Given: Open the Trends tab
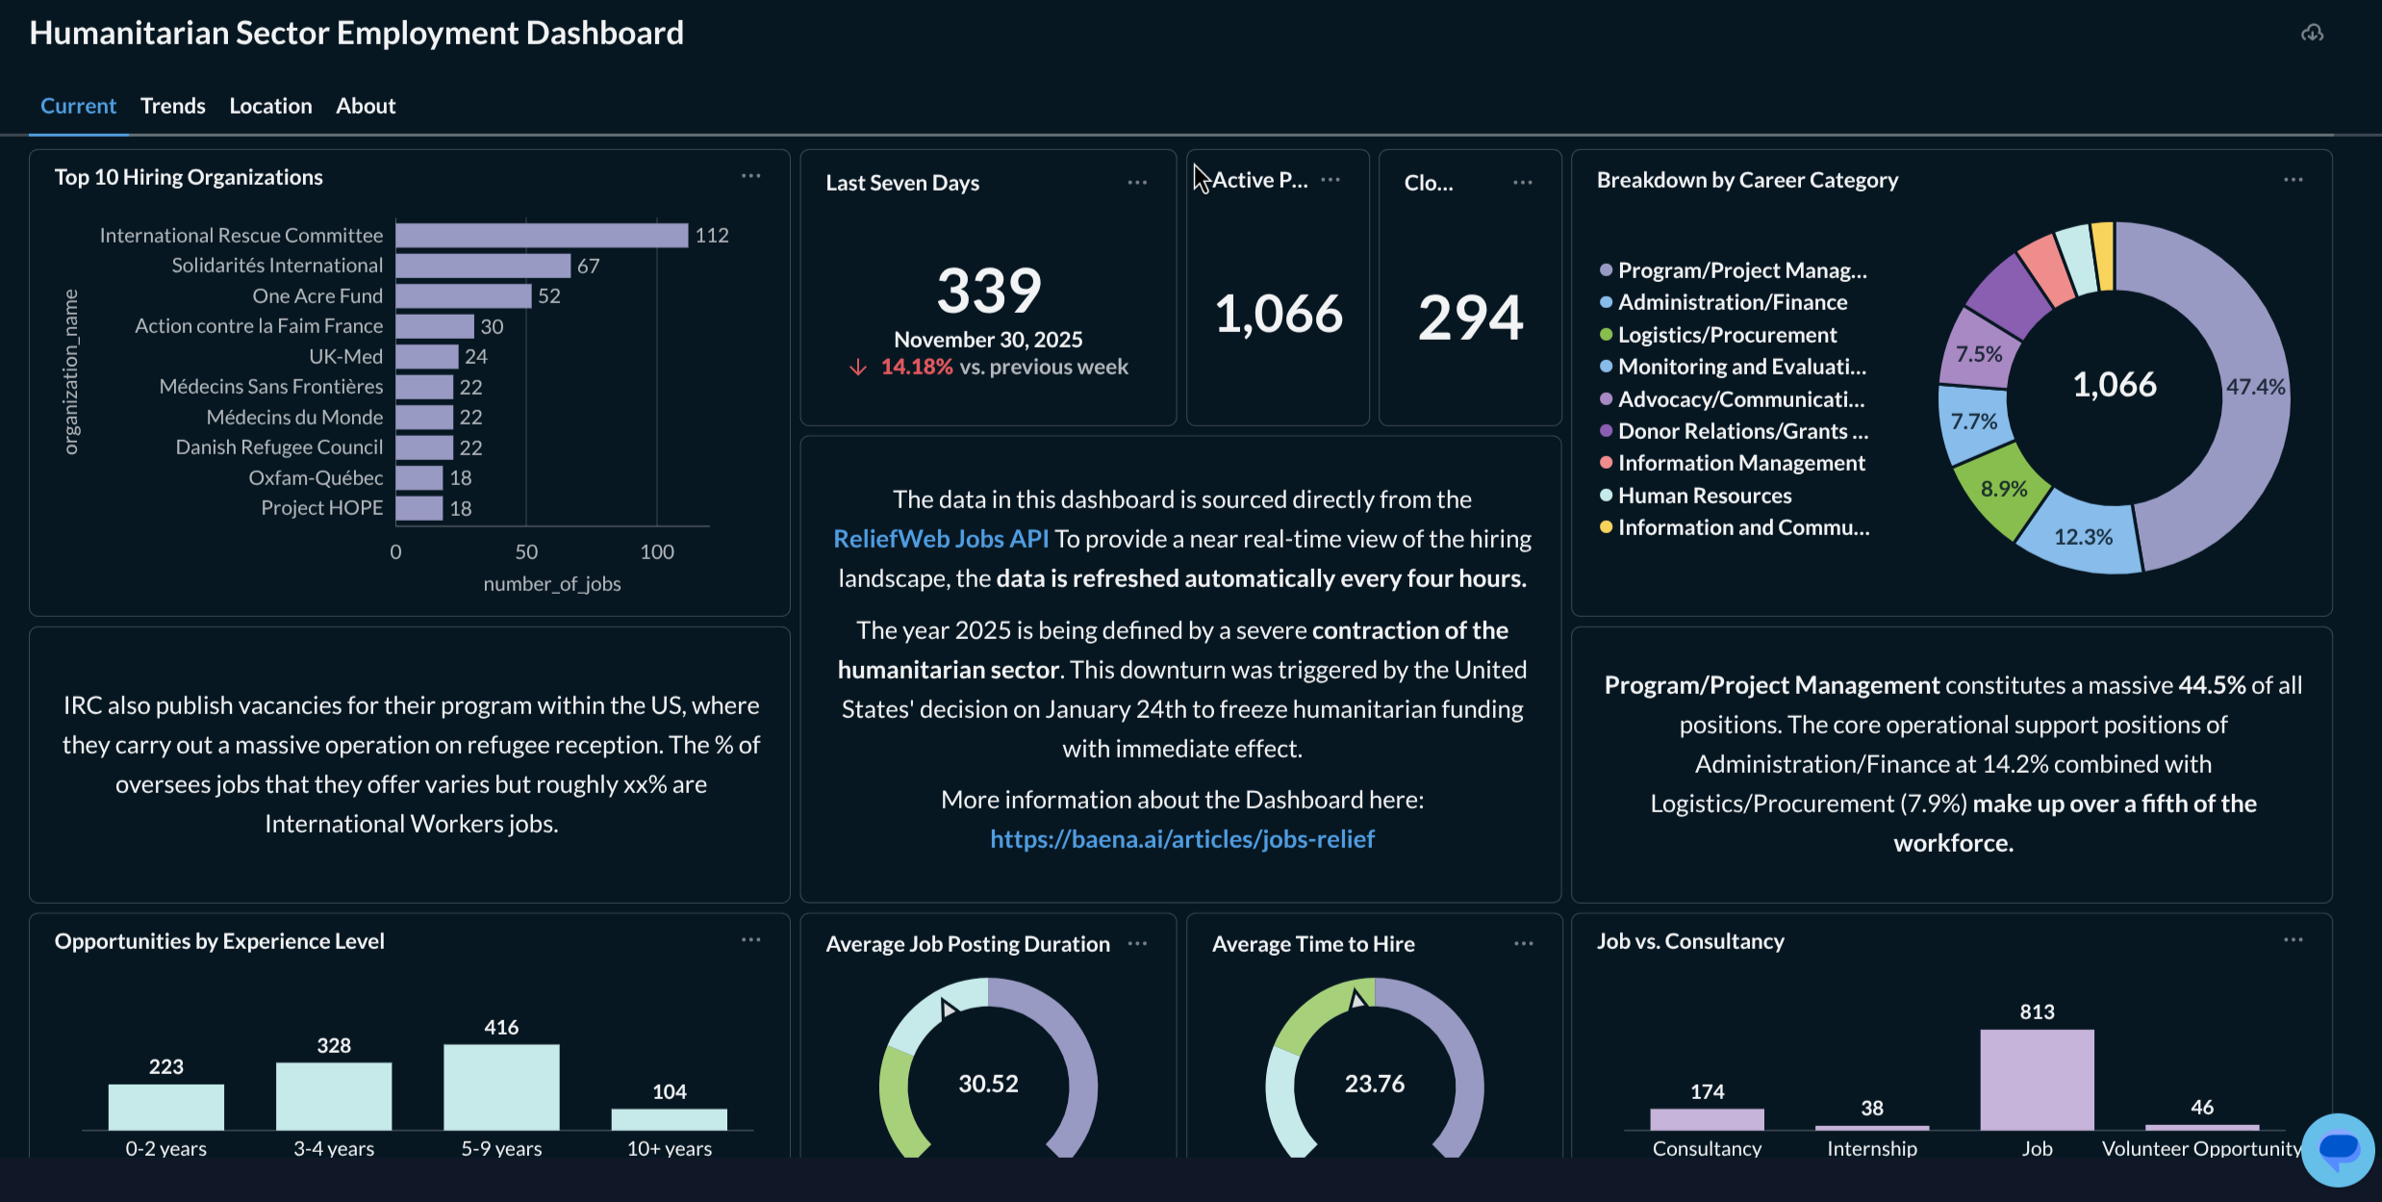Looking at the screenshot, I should click(x=172, y=106).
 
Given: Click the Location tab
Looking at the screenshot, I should click(x=270, y=106).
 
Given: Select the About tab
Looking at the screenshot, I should click(x=366, y=106).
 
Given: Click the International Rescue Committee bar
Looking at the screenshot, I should click(x=541, y=236).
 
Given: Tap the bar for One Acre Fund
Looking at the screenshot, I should click(x=463, y=296).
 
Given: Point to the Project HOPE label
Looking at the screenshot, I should click(x=321, y=508).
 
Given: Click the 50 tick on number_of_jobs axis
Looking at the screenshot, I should click(x=526, y=552).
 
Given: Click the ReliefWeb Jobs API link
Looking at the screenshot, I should click(x=940, y=539).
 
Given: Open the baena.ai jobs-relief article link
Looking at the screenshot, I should click(x=1181, y=839).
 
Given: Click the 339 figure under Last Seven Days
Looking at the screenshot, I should click(x=989, y=291).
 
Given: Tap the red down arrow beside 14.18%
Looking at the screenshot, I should click(x=858, y=368).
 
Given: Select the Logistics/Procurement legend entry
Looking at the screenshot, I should click(x=1726, y=335).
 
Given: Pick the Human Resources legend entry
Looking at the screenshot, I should click(x=1704, y=496).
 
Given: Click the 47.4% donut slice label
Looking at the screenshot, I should click(x=2254, y=387).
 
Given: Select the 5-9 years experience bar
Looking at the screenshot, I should click(x=501, y=1087).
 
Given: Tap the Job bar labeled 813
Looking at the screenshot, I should click(x=2037, y=1080).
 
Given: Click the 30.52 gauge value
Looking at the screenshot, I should click(x=988, y=1084).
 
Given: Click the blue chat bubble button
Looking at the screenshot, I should click(x=2338, y=1148).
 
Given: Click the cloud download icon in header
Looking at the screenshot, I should click(x=2312, y=34).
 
